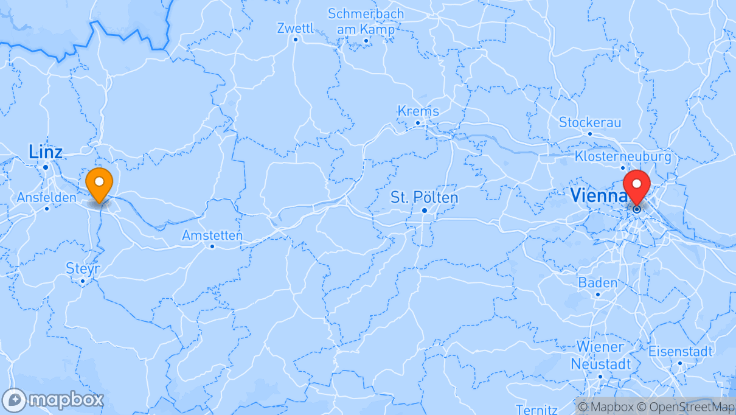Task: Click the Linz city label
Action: pyautogui.click(x=46, y=152)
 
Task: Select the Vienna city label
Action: pyautogui.click(x=599, y=195)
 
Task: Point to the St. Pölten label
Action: pyautogui.click(x=425, y=198)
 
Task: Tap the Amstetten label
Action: pyautogui.click(x=212, y=235)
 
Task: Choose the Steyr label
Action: pyautogui.click(x=82, y=268)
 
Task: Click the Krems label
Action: pyautogui.click(x=418, y=111)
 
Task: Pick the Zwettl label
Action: pyautogui.click(x=295, y=28)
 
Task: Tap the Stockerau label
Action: pyautogui.click(x=590, y=122)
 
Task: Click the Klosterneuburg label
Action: pyautogui.click(x=622, y=157)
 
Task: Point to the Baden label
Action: pyautogui.click(x=597, y=283)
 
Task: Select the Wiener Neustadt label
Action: pyautogui.click(x=600, y=355)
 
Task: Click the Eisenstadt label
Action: pyautogui.click(x=680, y=351)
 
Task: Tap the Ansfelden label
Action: pyautogui.click(x=47, y=197)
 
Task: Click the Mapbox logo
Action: pyautogui.click(x=54, y=400)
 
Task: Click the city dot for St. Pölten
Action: pyautogui.click(x=425, y=211)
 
